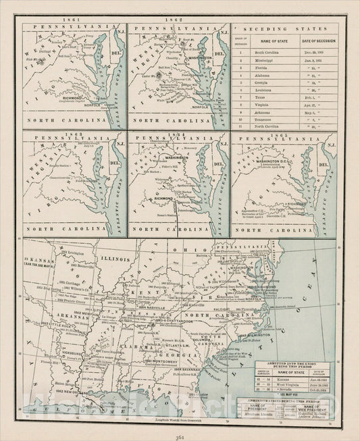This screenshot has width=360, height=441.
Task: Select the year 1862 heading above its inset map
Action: tap(179, 21)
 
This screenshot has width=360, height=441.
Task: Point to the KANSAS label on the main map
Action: tap(34, 259)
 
